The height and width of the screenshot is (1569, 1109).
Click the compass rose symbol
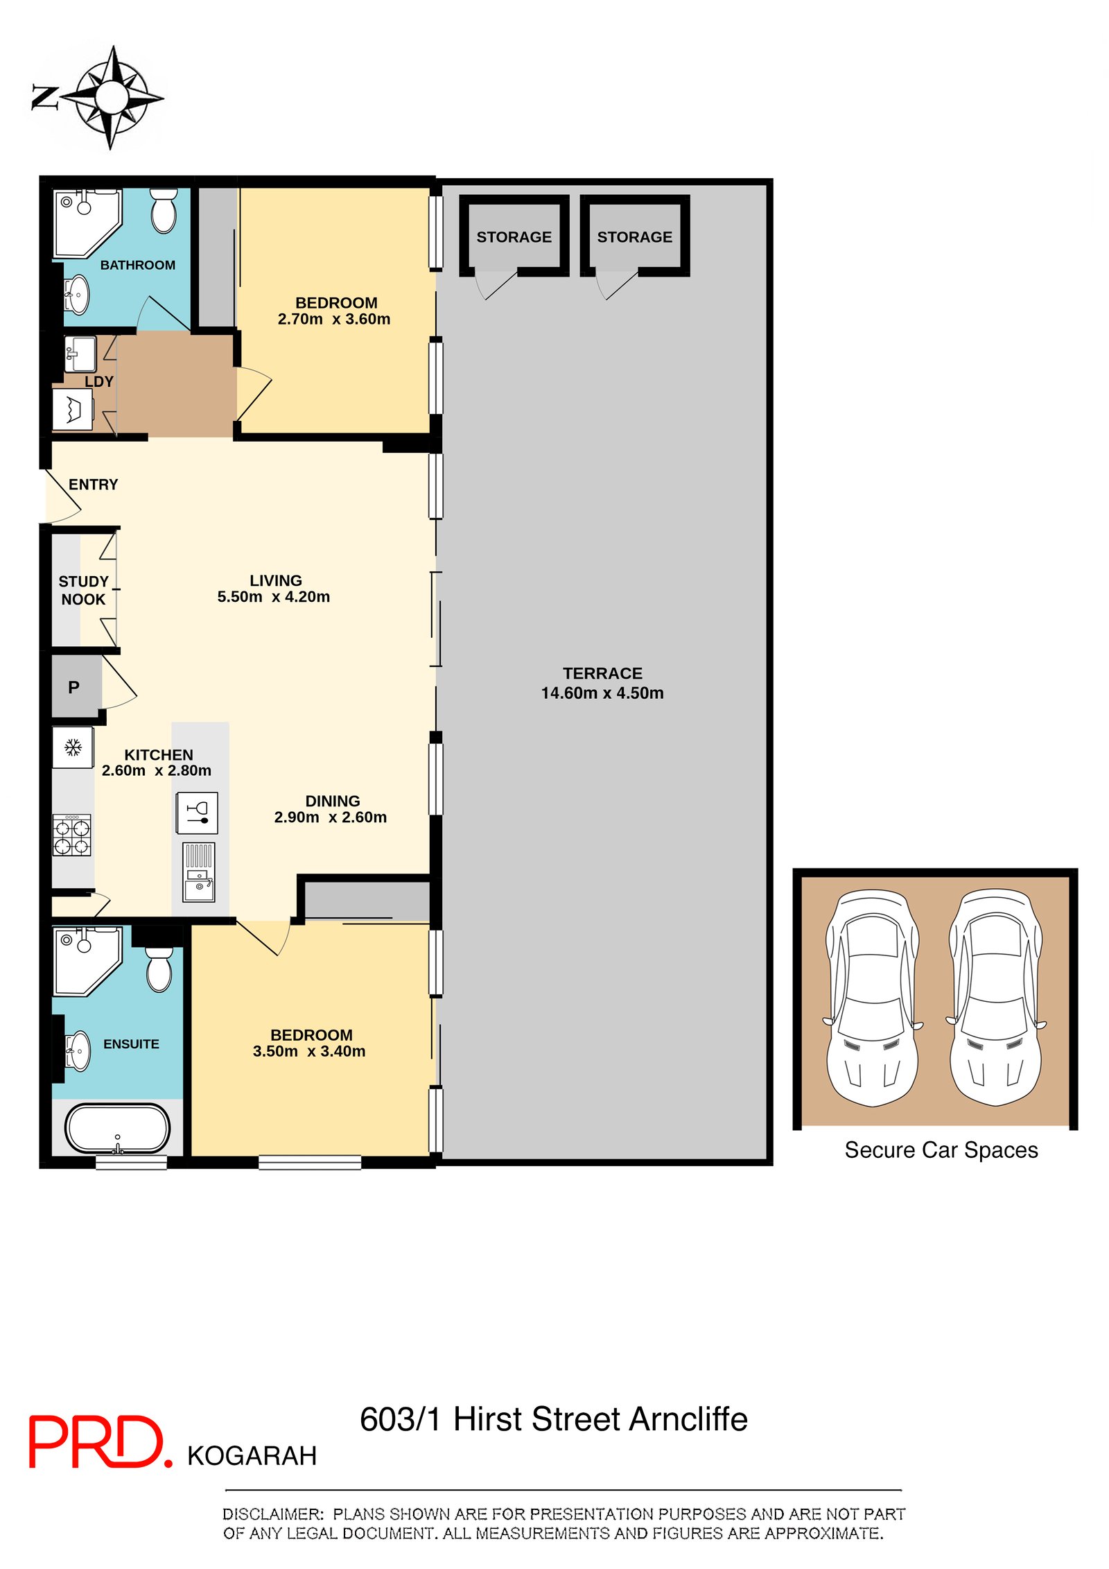(111, 97)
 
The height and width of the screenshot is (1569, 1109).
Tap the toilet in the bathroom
(164, 211)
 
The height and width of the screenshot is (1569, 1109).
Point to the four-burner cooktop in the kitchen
(72, 835)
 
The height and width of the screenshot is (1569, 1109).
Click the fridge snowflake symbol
(73, 747)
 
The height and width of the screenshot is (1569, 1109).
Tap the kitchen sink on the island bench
(199, 872)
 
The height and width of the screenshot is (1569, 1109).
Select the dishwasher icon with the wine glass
(198, 813)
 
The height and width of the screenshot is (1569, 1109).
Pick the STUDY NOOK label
(83, 590)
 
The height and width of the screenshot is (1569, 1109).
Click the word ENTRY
(93, 485)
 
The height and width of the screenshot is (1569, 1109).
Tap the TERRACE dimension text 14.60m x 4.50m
(602, 693)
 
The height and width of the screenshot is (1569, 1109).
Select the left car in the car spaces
(873, 998)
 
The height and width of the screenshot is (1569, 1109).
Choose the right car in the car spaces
(996, 998)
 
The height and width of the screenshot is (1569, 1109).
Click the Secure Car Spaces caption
(941, 1150)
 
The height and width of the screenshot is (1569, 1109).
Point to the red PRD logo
(100, 1441)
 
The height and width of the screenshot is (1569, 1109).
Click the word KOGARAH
(252, 1456)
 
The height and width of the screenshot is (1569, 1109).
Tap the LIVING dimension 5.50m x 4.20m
(274, 597)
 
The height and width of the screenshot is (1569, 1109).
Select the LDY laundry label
(99, 381)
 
